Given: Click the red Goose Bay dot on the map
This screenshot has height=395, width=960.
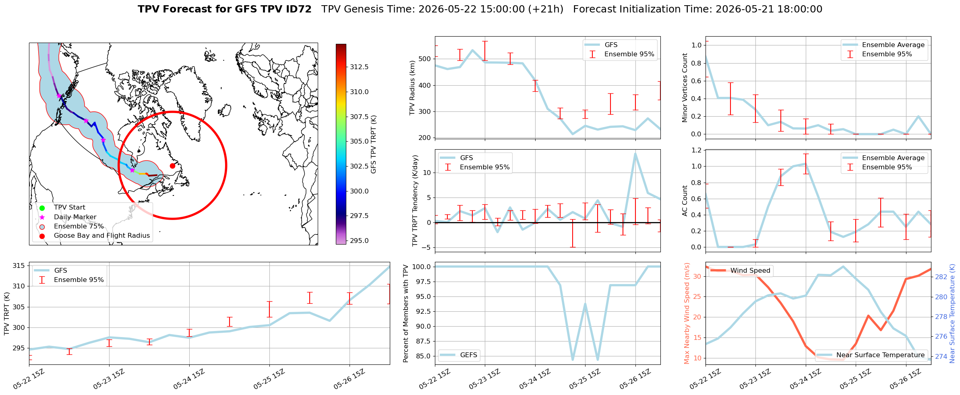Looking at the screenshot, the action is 172,166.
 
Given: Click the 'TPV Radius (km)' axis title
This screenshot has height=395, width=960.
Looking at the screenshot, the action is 412,88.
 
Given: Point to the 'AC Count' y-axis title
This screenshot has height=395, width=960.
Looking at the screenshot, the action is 685,201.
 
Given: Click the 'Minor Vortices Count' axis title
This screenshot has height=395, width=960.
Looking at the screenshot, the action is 685,88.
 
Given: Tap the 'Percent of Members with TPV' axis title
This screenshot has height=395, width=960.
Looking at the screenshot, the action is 406,313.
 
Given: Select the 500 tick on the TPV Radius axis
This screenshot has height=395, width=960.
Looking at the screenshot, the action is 425,59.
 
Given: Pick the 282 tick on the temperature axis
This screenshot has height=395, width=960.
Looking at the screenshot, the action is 941,277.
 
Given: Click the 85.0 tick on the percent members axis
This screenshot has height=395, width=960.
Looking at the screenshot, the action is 422,356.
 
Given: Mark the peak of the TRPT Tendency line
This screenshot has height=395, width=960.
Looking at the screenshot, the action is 635,154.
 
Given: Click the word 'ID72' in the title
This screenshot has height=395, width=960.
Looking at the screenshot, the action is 298,9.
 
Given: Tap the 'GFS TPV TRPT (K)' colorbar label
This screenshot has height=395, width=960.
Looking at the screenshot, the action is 374,144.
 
